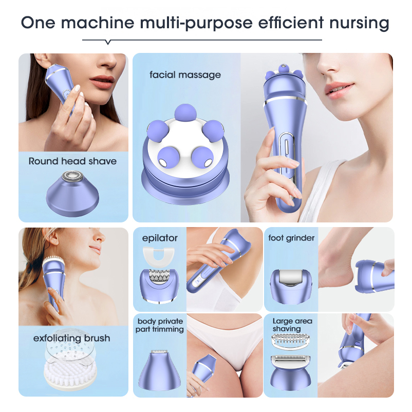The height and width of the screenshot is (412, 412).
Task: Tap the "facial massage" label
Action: click(x=185, y=75)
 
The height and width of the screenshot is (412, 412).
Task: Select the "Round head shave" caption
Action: click(x=72, y=161)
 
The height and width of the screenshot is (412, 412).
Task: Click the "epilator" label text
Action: click(x=159, y=238)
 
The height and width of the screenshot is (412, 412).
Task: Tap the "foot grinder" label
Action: click(x=291, y=238)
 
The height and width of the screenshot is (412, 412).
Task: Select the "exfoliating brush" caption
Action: click(x=71, y=339)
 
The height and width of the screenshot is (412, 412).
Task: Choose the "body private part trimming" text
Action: click(x=160, y=326)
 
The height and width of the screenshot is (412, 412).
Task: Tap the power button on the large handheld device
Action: click(x=286, y=145)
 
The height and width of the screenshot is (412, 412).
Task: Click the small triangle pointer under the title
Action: click(x=107, y=42)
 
